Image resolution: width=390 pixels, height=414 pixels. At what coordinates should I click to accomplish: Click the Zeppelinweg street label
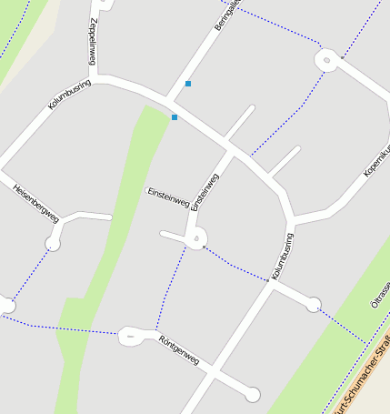tap(93, 41)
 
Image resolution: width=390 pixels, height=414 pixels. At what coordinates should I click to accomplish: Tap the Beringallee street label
tap(224, 17)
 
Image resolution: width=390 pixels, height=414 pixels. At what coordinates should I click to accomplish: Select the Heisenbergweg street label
tap(36, 203)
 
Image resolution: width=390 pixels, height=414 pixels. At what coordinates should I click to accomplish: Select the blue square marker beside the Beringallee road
tap(188, 84)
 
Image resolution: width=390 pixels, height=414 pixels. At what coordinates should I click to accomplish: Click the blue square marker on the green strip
tap(174, 116)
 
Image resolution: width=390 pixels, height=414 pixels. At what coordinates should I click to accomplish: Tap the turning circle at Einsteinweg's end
tap(196, 239)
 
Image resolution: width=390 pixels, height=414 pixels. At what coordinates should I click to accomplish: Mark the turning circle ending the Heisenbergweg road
tap(53, 244)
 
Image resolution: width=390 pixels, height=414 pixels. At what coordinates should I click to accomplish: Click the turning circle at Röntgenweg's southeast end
tap(253, 394)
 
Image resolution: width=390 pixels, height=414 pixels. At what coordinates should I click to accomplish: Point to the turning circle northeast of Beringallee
tap(326, 61)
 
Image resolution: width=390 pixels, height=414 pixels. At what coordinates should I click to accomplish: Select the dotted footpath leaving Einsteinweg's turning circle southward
tap(170, 282)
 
